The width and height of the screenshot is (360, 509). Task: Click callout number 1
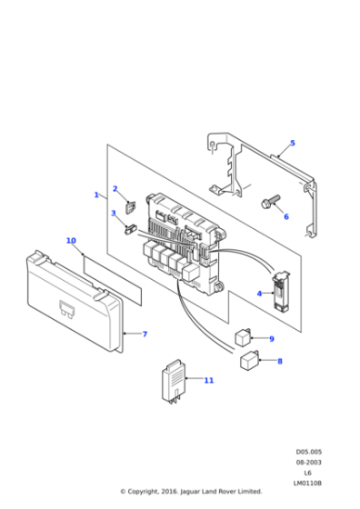pyautogui.click(x=96, y=195)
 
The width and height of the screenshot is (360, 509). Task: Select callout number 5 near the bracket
pyautogui.click(x=293, y=143)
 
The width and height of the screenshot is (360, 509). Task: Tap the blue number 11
pyautogui.click(x=209, y=380)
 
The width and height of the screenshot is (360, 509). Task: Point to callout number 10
pyautogui.click(x=71, y=241)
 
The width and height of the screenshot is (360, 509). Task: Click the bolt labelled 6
pyautogui.click(x=270, y=202)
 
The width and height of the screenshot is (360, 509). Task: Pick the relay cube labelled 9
pyautogui.click(x=243, y=337)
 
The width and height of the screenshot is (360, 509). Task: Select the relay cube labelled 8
pyautogui.click(x=249, y=360)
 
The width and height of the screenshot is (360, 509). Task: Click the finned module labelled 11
pyautogui.click(x=174, y=381)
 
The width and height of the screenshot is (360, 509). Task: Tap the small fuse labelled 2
pyautogui.click(x=131, y=207)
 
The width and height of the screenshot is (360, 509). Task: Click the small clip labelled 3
pyautogui.click(x=131, y=229)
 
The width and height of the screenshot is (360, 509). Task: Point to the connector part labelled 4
pyautogui.click(x=281, y=291)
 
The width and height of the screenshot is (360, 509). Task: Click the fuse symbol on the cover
pyautogui.click(x=66, y=309)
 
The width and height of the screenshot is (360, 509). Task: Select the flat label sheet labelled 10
pyautogui.click(x=113, y=280)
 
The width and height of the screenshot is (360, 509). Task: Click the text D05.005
pyautogui.click(x=309, y=452)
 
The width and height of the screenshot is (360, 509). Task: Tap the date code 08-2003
pyautogui.click(x=309, y=462)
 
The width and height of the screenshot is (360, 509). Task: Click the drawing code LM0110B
pyautogui.click(x=307, y=483)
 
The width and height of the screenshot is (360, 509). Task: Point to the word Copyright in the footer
pyautogui.click(x=142, y=492)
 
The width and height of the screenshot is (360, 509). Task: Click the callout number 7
pyautogui.click(x=145, y=334)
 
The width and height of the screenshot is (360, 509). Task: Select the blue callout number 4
pyautogui.click(x=259, y=294)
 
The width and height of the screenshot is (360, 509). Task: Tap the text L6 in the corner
pyautogui.click(x=308, y=473)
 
